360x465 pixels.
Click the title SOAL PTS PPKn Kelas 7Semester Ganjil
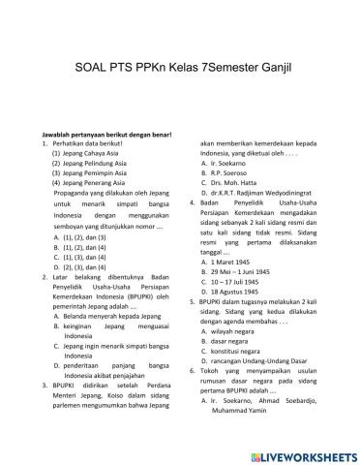click(x=180, y=70)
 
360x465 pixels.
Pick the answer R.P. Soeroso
click(x=222, y=177)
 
